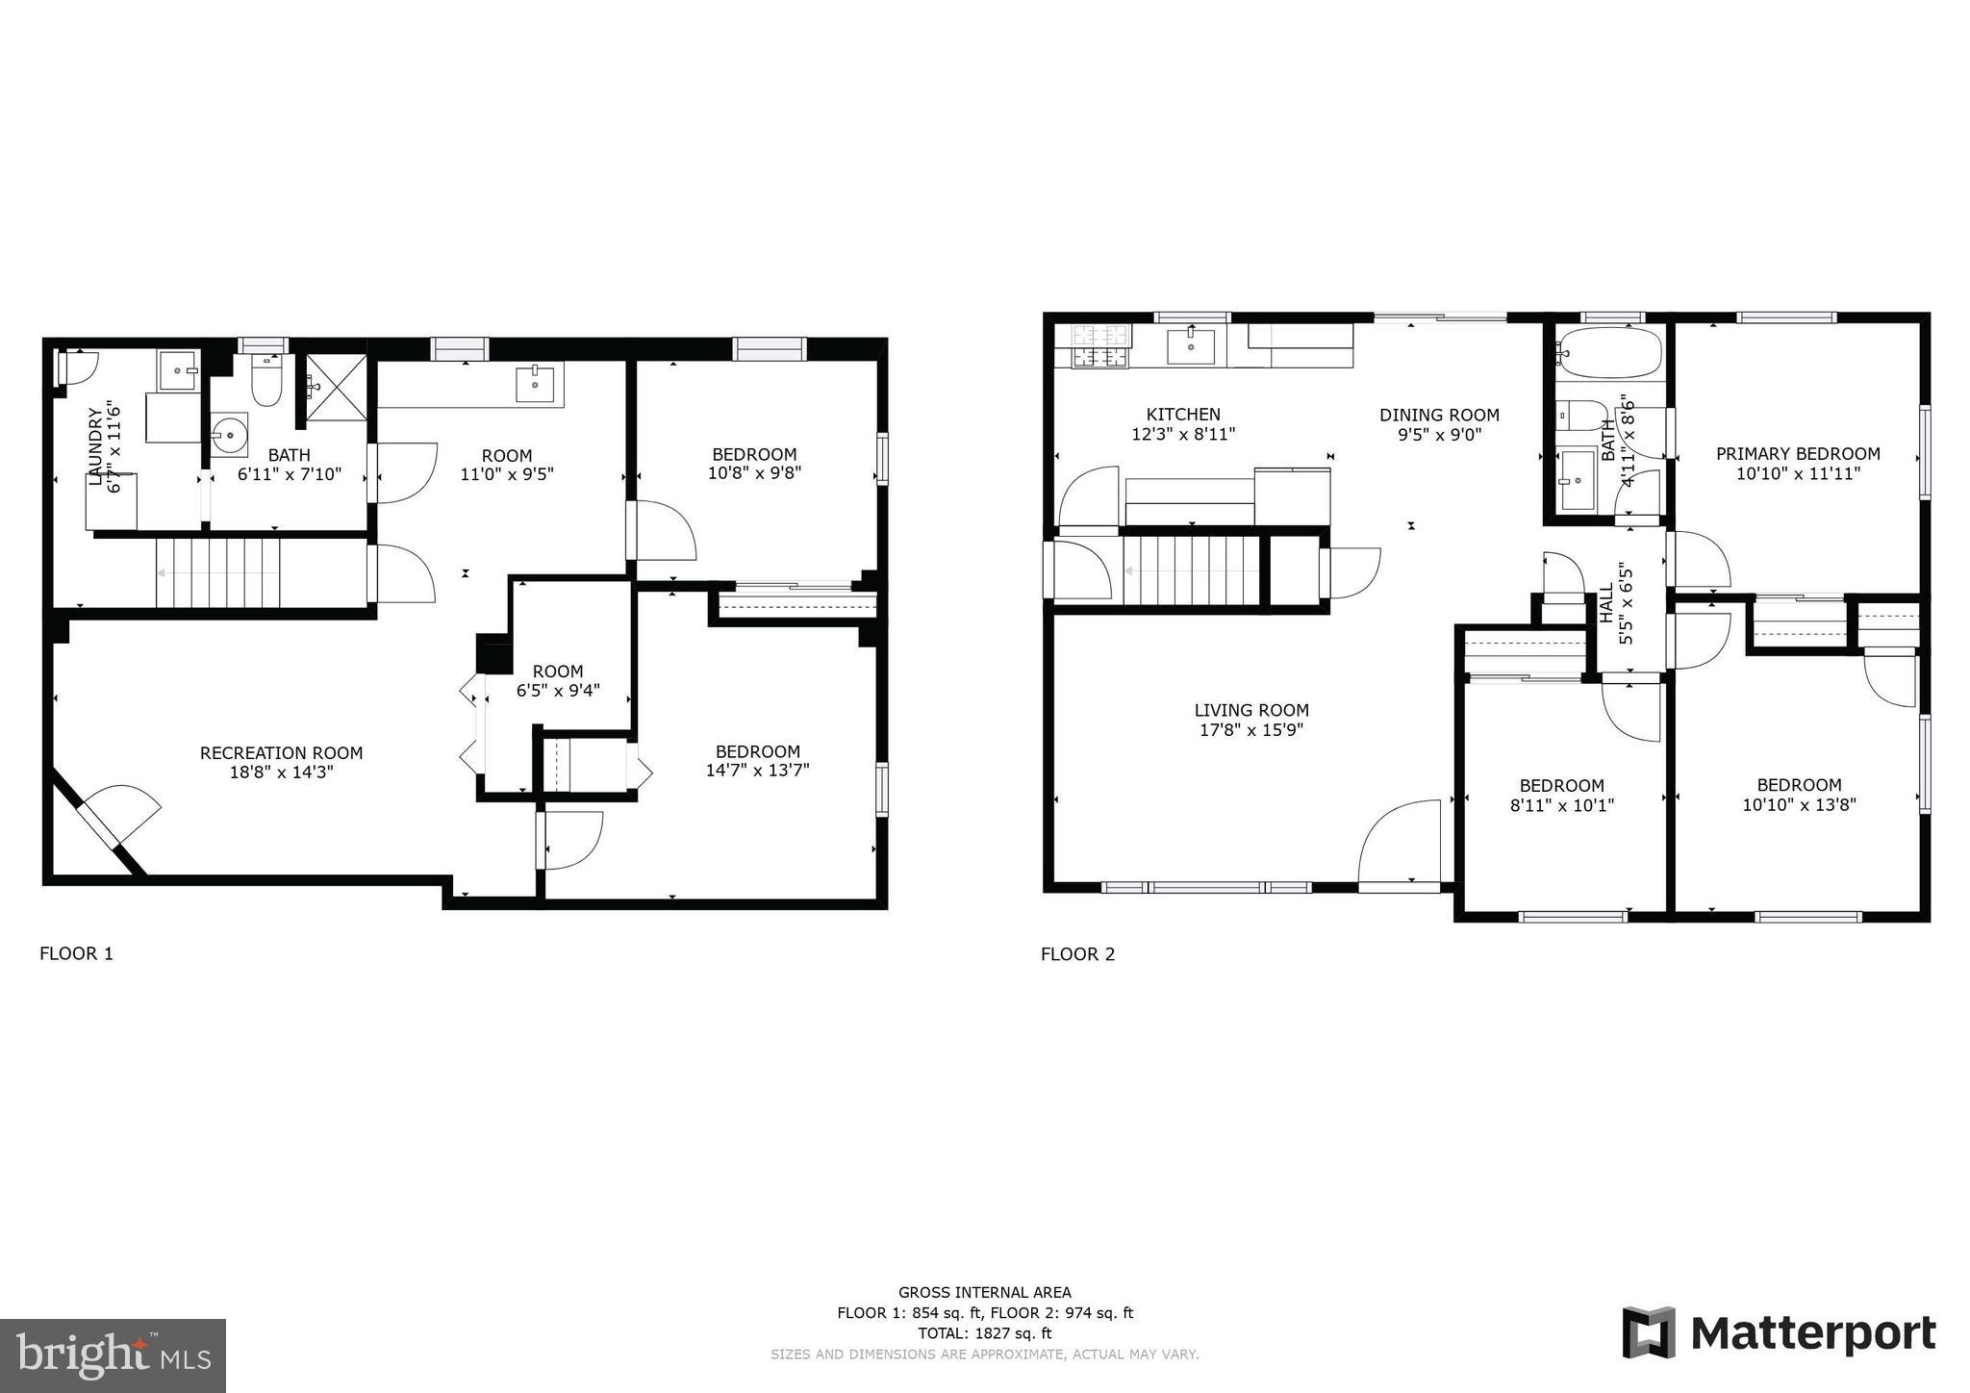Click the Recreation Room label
click(x=281, y=753)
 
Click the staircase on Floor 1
click(x=218, y=573)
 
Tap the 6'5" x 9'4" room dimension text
click(x=558, y=690)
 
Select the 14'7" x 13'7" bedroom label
click(x=757, y=770)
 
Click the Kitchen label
click(x=1183, y=415)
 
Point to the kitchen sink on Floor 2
click(x=1190, y=346)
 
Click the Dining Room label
click(x=1439, y=416)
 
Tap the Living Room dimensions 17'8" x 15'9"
click(x=1251, y=730)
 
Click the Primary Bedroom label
click(x=1798, y=454)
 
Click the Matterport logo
click(x=1780, y=1333)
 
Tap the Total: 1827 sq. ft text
click(x=985, y=1333)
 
